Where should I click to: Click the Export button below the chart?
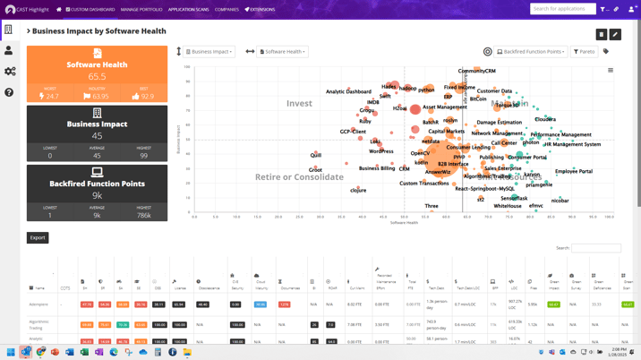(38, 237)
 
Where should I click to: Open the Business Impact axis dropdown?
(210, 52)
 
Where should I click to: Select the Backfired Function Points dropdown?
(531, 52)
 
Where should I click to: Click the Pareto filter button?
(585, 52)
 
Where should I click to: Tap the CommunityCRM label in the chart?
(476, 72)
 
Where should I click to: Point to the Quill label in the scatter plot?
(316, 156)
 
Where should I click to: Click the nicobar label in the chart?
(560, 201)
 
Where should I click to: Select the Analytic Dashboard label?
(348, 91)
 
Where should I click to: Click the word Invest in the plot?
(299, 104)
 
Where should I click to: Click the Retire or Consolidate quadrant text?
(299, 176)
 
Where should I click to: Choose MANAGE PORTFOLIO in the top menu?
(141, 10)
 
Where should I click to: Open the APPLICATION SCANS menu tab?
(188, 10)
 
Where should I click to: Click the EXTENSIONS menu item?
(260, 10)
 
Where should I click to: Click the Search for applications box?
(562, 9)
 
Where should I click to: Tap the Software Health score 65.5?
(97, 77)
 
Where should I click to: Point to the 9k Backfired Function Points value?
(97, 195)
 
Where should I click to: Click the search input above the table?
(596, 248)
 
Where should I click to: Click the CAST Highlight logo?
(27, 10)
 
